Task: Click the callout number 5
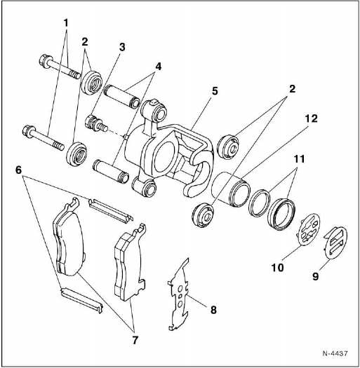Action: (215, 91)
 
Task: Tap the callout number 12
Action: (311, 118)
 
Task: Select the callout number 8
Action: (213, 310)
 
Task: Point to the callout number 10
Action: (277, 267)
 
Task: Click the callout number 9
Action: (316, 276)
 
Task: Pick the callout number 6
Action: (18, 170)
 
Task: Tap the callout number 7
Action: (135, 340)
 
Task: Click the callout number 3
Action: (121, 47)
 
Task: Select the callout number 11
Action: (299, 159)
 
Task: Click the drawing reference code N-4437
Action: (335, 353)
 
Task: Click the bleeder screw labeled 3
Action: (96, 123)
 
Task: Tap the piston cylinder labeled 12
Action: (231, 190)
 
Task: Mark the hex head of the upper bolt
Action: (44, 61)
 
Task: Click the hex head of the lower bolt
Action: (28, 132)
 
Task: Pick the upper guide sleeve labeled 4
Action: (122, 97)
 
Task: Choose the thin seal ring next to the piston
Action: (259, 203)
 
